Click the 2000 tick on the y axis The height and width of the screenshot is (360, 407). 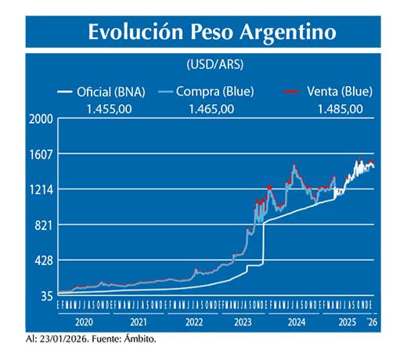[x=41, y=119]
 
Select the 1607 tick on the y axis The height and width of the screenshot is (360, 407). [x=41, y=154]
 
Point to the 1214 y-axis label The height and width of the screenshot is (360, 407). [x=41, y=189]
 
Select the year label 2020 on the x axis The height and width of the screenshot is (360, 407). [x=84, y=321]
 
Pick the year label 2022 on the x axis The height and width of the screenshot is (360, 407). [x=191, y=321]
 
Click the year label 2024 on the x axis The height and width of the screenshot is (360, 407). [x=297, y=321]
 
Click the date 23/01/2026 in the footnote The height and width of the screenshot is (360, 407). [x=65, y=339]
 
